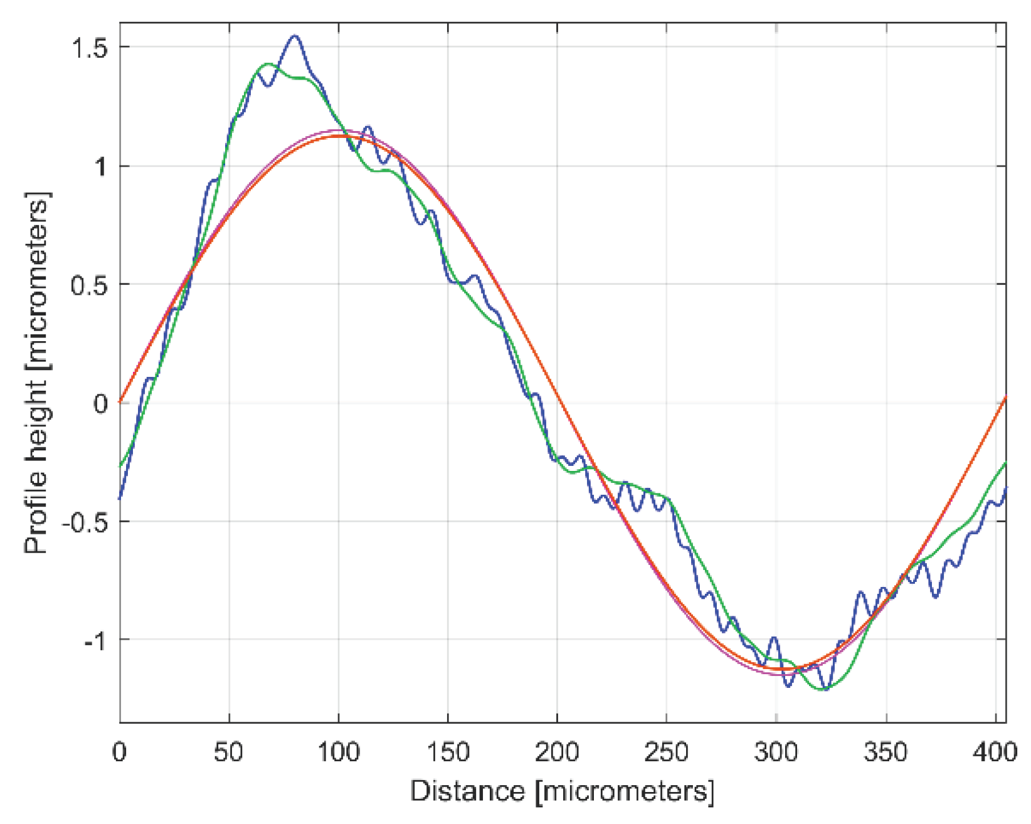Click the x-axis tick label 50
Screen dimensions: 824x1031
click(228, 752)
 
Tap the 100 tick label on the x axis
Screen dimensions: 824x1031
click(338, 752)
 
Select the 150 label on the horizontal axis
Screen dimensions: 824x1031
click(448, 752)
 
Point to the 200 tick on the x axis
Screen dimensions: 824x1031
click(557, 752)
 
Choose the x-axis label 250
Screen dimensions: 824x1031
click(666, 752)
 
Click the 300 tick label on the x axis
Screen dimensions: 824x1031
click(776, 752)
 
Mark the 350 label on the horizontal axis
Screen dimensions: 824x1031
click(885, 752)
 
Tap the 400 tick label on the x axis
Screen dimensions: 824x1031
click(995, 752)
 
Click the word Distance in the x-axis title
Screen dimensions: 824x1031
click(467, 791)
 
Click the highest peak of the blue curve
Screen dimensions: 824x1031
click(295, 36)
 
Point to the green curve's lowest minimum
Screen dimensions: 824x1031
click(823, 689)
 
